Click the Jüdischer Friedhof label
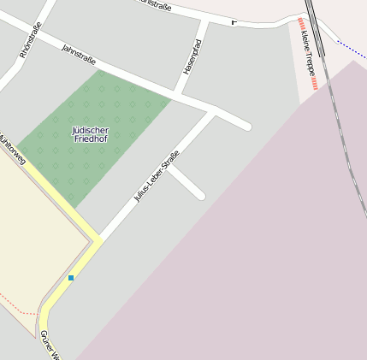pos(91,133)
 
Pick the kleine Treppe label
pos(308,54)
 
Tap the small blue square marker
pos(71,277)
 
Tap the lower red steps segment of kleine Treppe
pos(315,85)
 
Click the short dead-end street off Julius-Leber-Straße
pos(187,182)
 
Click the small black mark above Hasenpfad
pos(234,21)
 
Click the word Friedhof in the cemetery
pos(91,138)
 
